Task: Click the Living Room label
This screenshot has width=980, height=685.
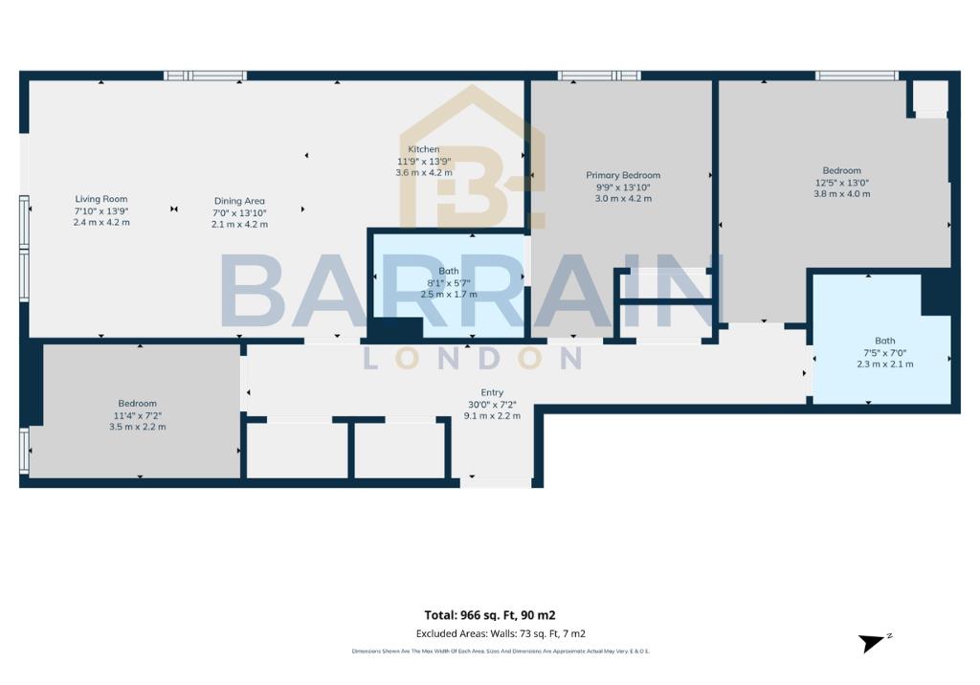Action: pos(101,199)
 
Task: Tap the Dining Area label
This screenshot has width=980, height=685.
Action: pos(239,201)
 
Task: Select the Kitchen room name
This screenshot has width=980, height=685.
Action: pos(424,149)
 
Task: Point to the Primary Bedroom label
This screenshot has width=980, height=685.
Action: pos(623,175)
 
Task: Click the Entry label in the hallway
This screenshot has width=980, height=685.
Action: pos(492,392)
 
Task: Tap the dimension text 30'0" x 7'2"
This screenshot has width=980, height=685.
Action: pos(492,404)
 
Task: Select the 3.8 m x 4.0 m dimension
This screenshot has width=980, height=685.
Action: pos(842,193)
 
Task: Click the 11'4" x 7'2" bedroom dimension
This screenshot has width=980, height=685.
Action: pos(138,415)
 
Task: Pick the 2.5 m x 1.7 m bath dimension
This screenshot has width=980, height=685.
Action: pos(450,295)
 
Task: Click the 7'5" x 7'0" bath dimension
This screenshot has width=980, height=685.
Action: pos(884,352)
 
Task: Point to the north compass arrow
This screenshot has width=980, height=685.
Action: pos(874,642)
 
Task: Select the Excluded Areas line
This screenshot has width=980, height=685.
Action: pos(501,633)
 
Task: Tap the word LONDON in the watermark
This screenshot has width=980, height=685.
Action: pos(473,358)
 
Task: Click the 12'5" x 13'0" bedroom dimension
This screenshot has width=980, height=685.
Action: pos(842,182)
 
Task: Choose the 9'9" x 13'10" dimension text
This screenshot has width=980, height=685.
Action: pos(623,187)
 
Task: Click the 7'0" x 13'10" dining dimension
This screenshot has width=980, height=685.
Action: pos(239,212)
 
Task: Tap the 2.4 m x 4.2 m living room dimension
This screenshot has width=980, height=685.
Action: pos(101,222)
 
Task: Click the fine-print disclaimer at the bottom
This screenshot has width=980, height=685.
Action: pos(501,652)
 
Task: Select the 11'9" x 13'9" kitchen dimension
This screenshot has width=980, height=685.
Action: pos(424,161)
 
